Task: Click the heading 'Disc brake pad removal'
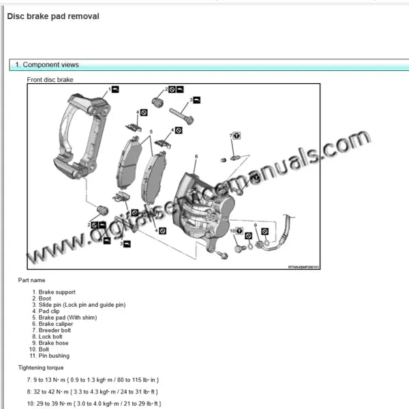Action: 52,16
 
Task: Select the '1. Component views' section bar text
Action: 46,65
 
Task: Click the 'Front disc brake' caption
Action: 50,80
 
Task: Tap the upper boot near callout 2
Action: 158,102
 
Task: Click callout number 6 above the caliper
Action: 196,157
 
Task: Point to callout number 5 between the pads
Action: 151,131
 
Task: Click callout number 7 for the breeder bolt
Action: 230,136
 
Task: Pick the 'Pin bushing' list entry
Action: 54,355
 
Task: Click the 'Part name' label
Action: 32,280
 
